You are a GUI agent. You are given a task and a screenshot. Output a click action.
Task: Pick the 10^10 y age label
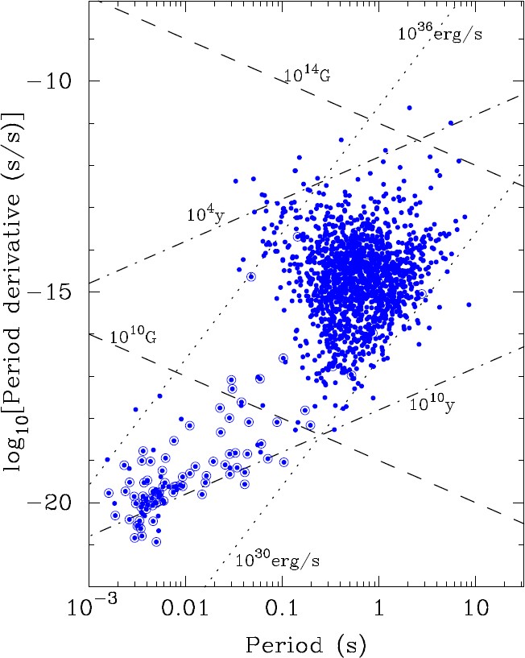point(432,403)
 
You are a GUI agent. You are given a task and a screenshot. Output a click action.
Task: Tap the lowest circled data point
point(156,542)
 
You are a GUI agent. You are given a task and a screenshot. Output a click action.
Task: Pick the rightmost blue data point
point(469,304)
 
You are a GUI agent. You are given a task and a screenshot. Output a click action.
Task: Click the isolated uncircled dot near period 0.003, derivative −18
point(135,409)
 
